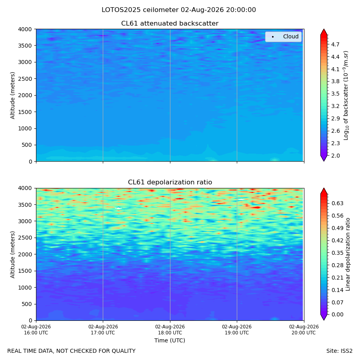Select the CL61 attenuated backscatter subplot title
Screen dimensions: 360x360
pyautogui.click(x=170, y=24)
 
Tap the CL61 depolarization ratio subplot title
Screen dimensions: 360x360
pyautogui.click(x=170, y=182)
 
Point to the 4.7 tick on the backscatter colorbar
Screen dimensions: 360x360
pyautogui.click(x=335, y=44)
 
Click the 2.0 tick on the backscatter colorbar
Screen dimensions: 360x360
pyautogui.click(x=335, y=156)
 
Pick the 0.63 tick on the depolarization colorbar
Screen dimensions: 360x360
pyautogui.click(x=338, y=204)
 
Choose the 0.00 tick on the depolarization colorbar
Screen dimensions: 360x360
pyautogui.click(x=338, y=314)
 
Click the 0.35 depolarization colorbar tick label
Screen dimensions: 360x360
pyautogui.click(x=338, y=253)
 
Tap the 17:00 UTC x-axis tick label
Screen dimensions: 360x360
pyautogui.click(x=103, y=330)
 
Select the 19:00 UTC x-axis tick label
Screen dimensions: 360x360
pyautogui.click(x=237, y=330)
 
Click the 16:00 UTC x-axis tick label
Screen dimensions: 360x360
pyautogui.click(x=36, y=330)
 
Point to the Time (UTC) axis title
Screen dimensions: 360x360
pyautogui.click(x=170, y=340)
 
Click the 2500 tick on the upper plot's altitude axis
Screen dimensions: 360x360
pyautogui.click(x=25, y=79)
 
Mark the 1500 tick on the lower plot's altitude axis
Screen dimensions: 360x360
pyautogui.click(x=25, y=271)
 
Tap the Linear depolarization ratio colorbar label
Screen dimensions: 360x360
pyautogui.click(x=348, y=254)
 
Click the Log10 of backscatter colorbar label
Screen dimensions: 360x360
pyautogui.click(x=346, y=95)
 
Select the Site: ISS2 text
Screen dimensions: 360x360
pyautogui.click(x=339, y=351)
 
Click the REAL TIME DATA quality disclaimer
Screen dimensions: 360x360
pyautogui.click(x=72, y=351)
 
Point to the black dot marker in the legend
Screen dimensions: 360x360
pyautogui.click(x=273, y=37)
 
